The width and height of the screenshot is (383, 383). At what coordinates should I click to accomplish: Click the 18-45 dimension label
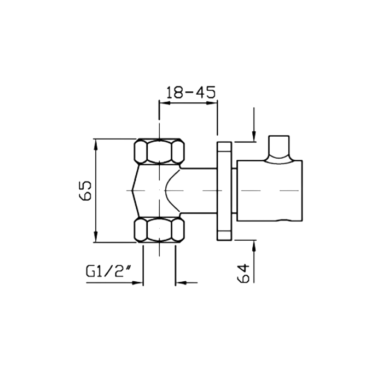point(191,92)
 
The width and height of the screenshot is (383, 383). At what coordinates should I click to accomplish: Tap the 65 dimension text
point(85,190)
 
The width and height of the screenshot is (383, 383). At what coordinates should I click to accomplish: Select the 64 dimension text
point(243,273)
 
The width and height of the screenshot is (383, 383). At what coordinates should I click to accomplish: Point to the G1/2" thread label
point(108,271)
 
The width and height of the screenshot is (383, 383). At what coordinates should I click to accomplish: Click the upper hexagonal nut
point(159,151)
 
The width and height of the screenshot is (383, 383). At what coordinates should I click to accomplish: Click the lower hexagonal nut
point(159,230)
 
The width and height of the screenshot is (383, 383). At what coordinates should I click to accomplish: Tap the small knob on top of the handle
point(279,149)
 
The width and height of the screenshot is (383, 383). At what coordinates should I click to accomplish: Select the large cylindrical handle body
point(270,191)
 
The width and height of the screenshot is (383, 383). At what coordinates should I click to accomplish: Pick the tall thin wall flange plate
point(224,191)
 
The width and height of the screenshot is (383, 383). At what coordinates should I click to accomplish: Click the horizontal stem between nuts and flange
point(198,191)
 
